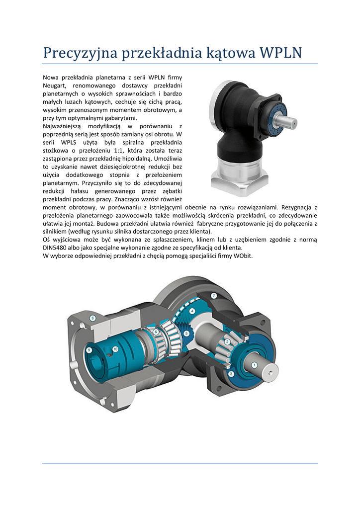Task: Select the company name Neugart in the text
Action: (55, 85)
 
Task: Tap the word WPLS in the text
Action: (68, 143)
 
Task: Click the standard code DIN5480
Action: (54, 248)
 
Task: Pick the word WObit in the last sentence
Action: (243, 256)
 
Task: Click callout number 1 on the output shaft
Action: (255, 365)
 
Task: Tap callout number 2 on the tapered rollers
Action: (228, 341)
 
